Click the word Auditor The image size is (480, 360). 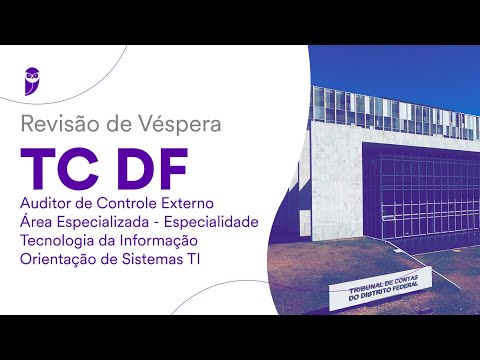[46, 205]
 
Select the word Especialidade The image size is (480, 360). [214, 223]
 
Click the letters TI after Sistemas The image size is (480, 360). [201, 260]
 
